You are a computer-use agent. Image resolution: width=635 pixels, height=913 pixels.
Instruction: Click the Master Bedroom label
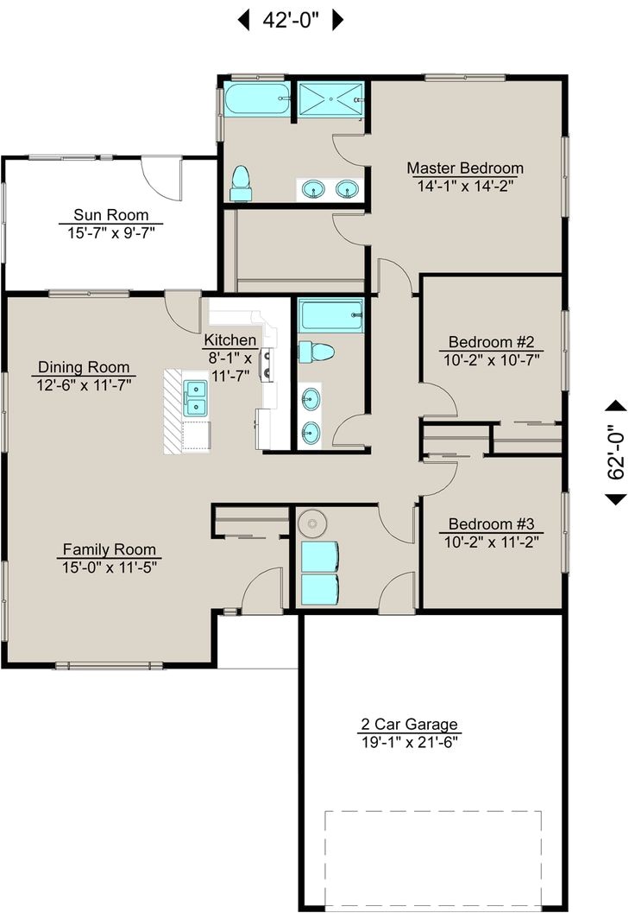[465, 168]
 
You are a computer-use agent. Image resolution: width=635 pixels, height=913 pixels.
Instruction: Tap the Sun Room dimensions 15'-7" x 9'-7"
[110, 233]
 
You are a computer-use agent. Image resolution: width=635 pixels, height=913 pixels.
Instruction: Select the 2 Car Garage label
[409, 725]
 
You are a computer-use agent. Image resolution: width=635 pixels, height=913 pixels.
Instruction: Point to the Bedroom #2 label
[492, 342]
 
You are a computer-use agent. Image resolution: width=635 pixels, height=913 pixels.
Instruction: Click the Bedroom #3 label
[492, 524]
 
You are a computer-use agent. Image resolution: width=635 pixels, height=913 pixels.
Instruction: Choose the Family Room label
[110, 549]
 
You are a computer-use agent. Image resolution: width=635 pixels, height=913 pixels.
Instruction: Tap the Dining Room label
[84, 367]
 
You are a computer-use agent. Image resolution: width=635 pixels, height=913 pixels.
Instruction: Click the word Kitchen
[230, 340]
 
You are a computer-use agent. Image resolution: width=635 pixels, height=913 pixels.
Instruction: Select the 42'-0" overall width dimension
[291, 21]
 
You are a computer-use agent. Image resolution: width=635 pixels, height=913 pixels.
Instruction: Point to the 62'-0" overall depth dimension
[616, 453]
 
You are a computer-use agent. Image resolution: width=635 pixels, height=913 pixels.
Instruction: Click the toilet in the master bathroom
[240, 183]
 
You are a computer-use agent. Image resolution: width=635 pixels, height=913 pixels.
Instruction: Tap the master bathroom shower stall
[330, 100]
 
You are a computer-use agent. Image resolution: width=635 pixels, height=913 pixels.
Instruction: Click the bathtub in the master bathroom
[257, 99]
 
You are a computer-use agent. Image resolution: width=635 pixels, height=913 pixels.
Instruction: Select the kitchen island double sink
[195, 398]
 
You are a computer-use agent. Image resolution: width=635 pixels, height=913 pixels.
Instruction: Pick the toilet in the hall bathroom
[317, 352]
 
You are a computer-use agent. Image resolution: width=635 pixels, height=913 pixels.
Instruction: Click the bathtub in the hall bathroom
[331, 315]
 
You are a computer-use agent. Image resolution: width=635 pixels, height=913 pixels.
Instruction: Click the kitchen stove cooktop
[267, 365]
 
